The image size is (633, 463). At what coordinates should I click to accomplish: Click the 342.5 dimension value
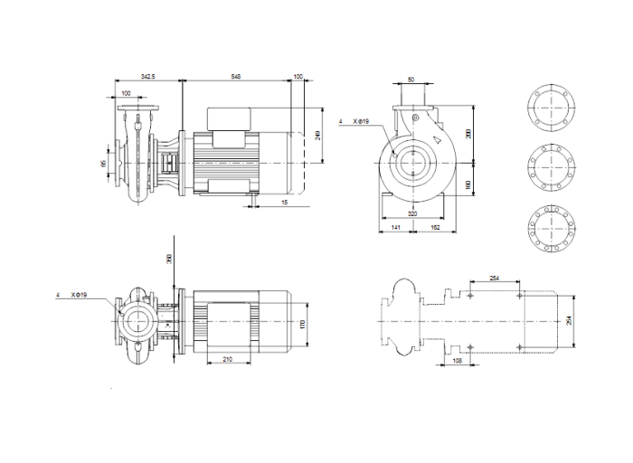point(148,79)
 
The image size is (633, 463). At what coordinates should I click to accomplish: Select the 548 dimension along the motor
point(237,79)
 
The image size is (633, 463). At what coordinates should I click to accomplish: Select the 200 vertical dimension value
point(468,133)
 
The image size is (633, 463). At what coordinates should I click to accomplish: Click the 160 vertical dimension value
point(468,184)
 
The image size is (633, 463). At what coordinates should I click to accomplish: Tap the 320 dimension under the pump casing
point(413,214)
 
